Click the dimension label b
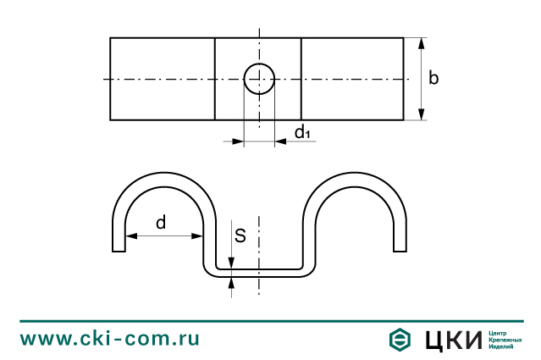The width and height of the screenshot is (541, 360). pyautogui.click(x=433, y=79)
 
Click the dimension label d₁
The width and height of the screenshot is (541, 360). pyautogui.click(x=303, y=132)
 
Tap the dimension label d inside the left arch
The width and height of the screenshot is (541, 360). pyautogui.click(x=161, y=223)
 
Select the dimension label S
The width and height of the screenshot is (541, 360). pyautogui.click(x=240, y=235)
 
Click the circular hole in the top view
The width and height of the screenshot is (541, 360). pyautogui.click(x=259, y=79)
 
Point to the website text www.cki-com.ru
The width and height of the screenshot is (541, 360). pyautogui.click(x=110, y=339)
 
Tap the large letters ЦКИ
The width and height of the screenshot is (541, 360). pyautogui.click(x=450, y=340)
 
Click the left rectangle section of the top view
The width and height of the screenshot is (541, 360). pyautogui.click(x=162, y=79)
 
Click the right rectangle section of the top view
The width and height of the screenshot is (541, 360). pyautogui.click(x=351, y=79)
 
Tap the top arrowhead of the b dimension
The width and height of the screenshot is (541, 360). pyautogui.click(x=421, y=42)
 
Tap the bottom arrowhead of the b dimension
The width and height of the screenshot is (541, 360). pyautogui.click(x=421, y=115)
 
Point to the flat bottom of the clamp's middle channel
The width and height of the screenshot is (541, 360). pyautogui.click(x=259, y=271)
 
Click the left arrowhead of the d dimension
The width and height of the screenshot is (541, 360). pyautogui.click(x=128, y=235)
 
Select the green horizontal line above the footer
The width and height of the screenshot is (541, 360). pyautogui.click(x=270, y=321)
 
